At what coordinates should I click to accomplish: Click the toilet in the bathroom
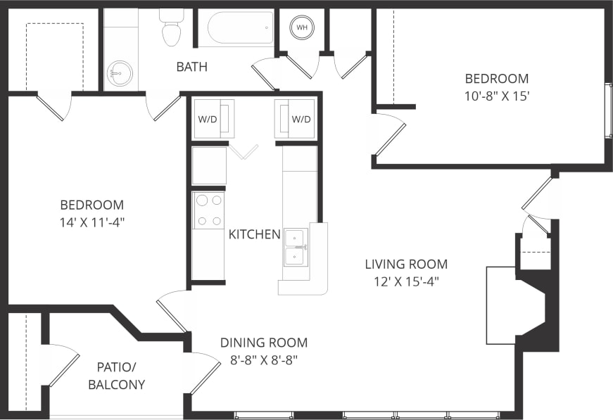[x=171, y=27]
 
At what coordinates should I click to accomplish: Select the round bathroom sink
[x=120, y=73]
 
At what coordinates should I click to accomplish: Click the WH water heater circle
[x=302, y=27]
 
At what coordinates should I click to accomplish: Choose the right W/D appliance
[x=296, y=119]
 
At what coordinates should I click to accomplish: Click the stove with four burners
[x=208, y=210]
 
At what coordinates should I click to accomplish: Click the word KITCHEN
[x=254, y=234]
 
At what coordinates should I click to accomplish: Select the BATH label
[x=191, y=67]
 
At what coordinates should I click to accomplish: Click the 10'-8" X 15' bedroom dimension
[x=496, y=96]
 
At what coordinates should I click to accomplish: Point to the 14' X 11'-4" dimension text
[x=92, y=222]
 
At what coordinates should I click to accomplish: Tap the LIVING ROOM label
[x=406, y=265]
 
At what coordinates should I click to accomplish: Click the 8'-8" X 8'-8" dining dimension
[x=264, y=360]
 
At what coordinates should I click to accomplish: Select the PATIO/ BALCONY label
[x=120, y=375]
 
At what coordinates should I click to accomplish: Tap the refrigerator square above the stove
[x=209, y=165]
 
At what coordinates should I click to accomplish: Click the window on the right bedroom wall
[x=608, y=111]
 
